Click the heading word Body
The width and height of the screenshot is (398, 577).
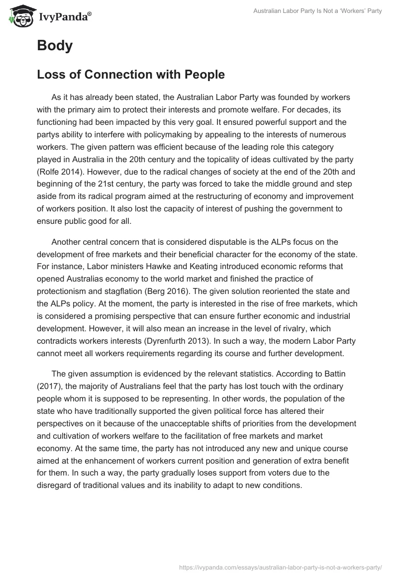(x=55, y=46)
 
